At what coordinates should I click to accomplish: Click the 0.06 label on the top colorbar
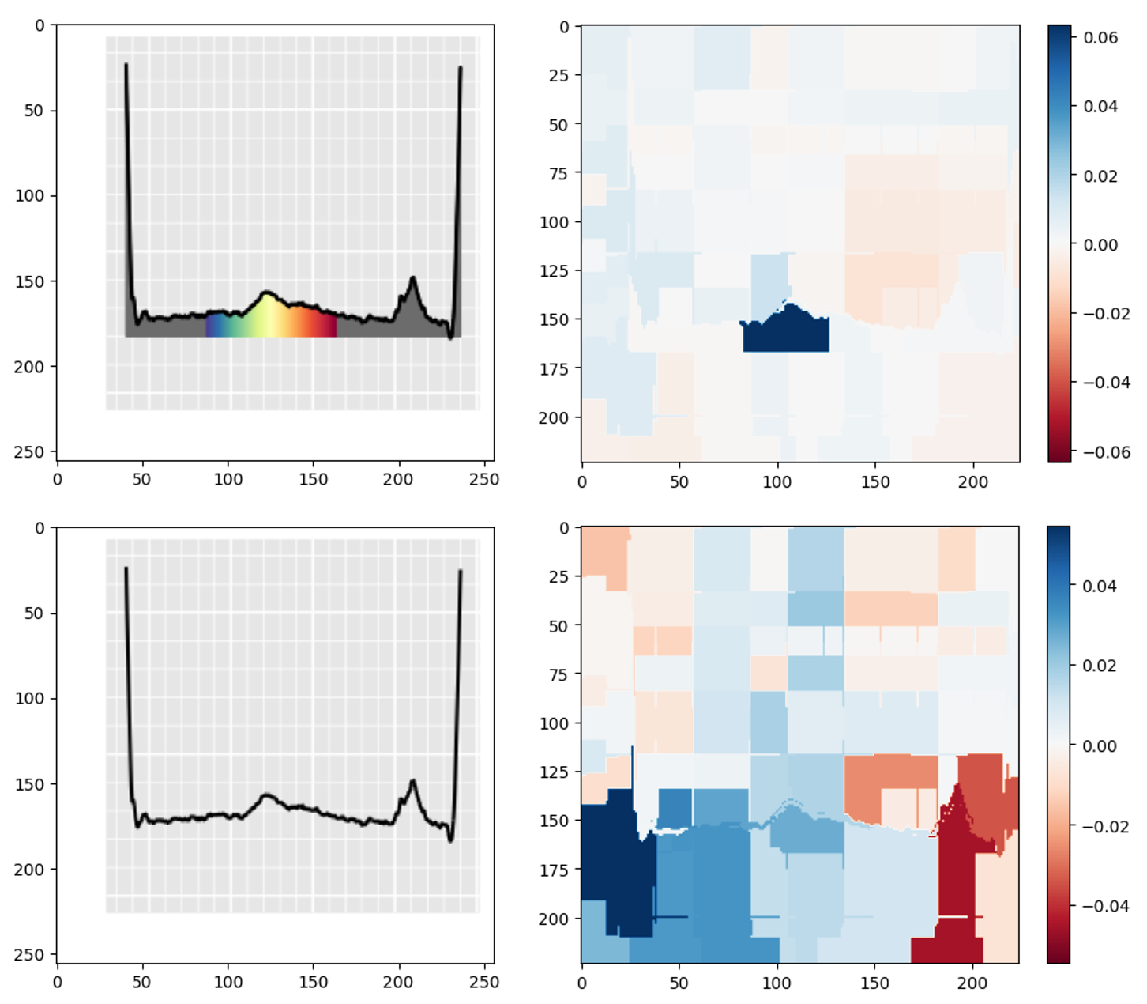click(1100, 37)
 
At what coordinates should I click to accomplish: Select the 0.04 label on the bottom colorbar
click(1100, 586)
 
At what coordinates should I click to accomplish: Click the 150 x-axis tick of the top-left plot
click(314, 479)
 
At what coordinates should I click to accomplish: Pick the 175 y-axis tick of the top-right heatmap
click(554, 368)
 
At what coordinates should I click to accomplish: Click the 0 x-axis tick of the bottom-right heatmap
click(582, 983)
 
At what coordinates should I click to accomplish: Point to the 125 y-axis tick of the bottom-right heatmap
click(554, 772)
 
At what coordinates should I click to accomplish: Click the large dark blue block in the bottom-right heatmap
click(616, 862)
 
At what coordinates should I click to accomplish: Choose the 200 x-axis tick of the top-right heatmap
click(972, 481)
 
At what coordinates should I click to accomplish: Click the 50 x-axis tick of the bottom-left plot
click(142, 982)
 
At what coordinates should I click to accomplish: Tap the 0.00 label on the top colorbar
click(1100, 245)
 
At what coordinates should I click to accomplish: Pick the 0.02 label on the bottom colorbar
click(1100, 666)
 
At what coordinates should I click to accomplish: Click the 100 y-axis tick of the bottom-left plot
click(29, 699)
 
